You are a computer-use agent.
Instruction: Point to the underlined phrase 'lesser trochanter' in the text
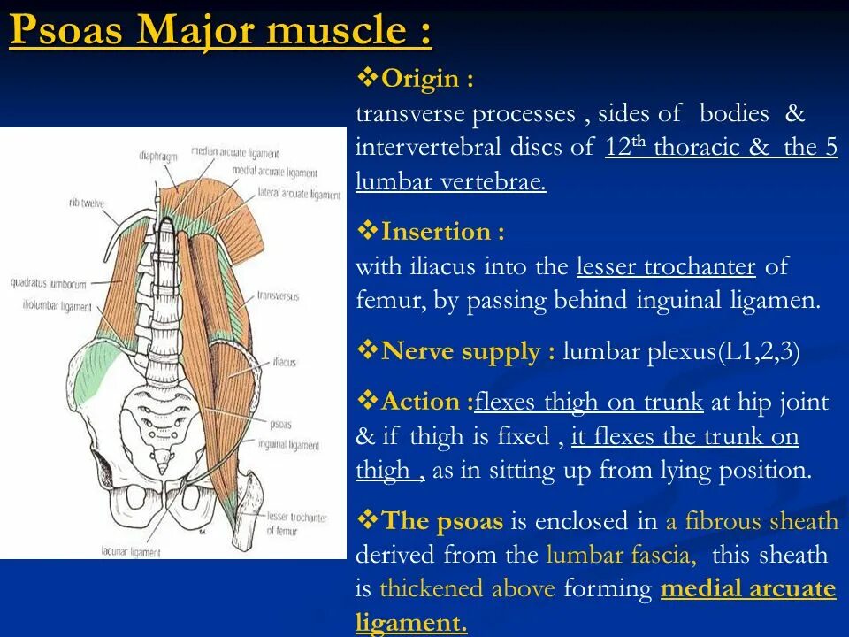click(666, 266)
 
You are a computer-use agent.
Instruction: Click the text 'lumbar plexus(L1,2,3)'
click(681, 352)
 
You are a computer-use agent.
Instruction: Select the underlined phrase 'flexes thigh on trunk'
click(589, 403)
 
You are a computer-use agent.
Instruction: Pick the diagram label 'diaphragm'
click(159, 157)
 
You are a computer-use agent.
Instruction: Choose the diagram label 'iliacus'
click(284, 363)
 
